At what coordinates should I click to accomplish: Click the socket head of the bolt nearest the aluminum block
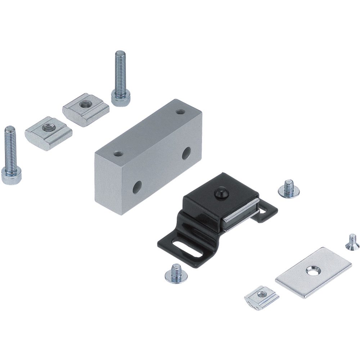coord(120,97)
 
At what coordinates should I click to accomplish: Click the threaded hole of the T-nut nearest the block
coord(85,104)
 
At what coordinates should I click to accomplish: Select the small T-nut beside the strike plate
coord(261,297)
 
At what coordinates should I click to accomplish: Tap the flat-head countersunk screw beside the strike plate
coord(352,242)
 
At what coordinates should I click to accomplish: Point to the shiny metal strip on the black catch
coord(239,216)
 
